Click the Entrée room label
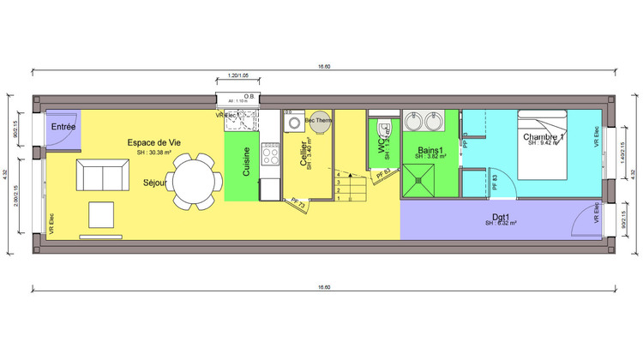tap(63, 127)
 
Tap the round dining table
tap(194, 181)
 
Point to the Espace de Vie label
tap(154, 142)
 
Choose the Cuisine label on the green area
tap(247, 161)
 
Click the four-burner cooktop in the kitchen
tap(271, 154)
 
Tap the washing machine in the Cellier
tap(295, 123)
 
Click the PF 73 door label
tap(296, 202)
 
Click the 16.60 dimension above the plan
tap(322, 66)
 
